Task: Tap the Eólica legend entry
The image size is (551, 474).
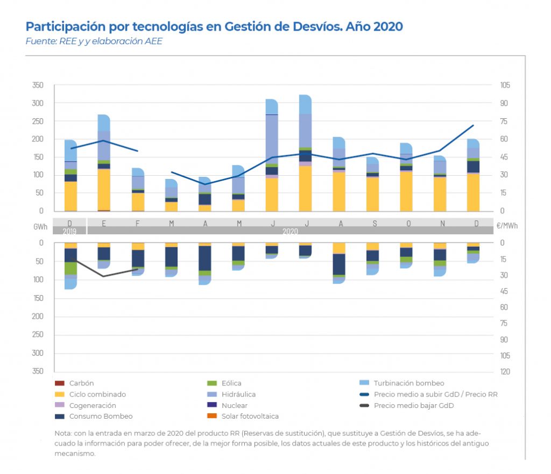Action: click(x=231, y=383)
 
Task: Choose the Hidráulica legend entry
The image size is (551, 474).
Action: click(x=236, y=394)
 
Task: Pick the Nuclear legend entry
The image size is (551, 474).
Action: click(x=235, y=405)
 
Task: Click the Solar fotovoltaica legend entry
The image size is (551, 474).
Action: click(x=250, y=416)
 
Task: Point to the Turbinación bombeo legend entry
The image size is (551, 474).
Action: click(x=408, y=383)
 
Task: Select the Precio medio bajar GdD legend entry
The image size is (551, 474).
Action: click(x=413, y=405)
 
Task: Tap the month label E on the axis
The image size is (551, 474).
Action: click(x=103, y=223)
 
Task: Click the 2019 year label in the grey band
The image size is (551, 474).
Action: click(x=70, y=231)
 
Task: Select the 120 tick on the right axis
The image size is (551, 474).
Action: click(x=505, y=371)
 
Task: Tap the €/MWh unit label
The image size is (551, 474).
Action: click(x=507, y=227)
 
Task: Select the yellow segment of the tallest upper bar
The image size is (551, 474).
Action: click(x=306, y=188)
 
